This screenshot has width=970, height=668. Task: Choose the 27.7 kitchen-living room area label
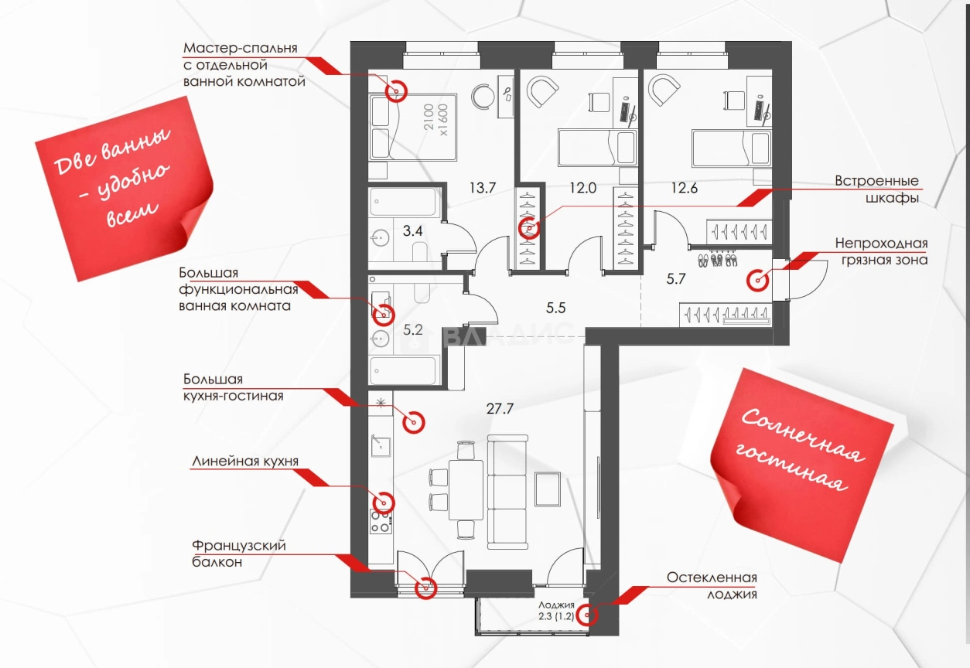click(500, 409)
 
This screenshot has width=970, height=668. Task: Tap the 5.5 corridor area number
click(556, 307)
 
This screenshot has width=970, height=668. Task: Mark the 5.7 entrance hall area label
click(676, 280)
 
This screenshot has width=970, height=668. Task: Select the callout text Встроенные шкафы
click(876, 189)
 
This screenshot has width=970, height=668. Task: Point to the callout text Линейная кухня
click(244, 462)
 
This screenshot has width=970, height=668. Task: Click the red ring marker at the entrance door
click(757, 281)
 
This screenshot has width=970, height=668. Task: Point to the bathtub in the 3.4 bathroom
click(405, 203)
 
